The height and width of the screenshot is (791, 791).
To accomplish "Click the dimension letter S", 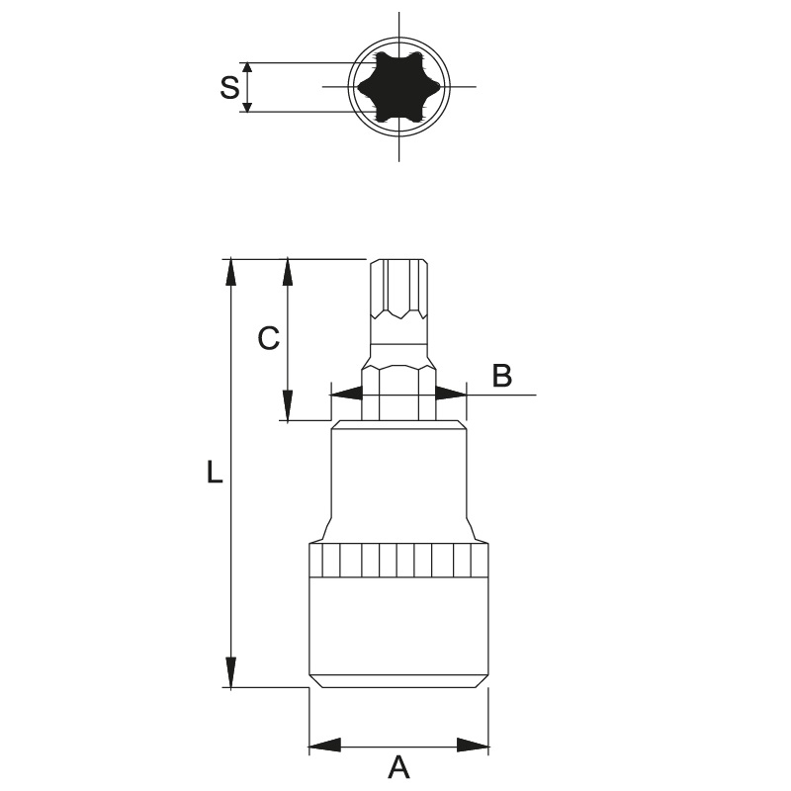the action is tap(229, 87).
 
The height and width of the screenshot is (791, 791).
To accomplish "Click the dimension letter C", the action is tap(268, 338).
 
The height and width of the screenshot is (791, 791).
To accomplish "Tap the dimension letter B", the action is tap(501, 376).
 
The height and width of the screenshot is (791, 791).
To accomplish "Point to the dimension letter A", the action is tap(398, 767).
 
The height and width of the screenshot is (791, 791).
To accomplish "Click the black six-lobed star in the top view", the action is tap(398, 87).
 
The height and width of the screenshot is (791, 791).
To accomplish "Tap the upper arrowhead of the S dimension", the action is tap(246, 68).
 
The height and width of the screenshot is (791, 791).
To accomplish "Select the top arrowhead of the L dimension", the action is tap(231, 273).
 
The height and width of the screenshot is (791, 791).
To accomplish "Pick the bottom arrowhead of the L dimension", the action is tap(231, 672).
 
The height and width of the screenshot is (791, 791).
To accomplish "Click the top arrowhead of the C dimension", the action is tap(288, 273).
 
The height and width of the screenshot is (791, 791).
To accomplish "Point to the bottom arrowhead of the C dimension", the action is tap(287, 405).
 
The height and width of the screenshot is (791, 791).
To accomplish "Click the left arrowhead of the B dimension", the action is tap(347, 394).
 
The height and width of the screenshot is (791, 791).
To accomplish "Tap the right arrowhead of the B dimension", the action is tap(451, 394).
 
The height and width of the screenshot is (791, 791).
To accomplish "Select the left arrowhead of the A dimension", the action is tap(325, 745).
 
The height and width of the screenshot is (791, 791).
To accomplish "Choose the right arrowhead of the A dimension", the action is tap(473, 745).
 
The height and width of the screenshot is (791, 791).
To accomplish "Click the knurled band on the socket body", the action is tap(398, 560).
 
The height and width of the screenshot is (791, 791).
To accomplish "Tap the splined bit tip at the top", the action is tap(398, 289).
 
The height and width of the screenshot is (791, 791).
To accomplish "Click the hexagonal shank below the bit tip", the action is tap(398, 394).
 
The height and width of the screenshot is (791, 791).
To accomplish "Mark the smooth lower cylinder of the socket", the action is tap(398, 632).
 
